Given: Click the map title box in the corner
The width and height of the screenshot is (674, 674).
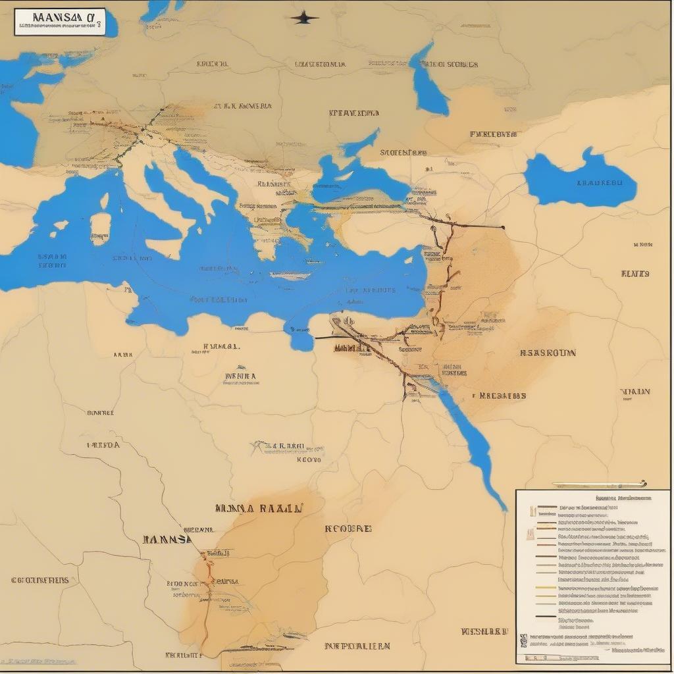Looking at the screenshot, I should tap(59, 21).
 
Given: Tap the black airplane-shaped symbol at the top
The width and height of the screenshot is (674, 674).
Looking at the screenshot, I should tap(305, 18).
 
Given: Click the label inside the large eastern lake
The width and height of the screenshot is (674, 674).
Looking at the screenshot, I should tap(598, 184).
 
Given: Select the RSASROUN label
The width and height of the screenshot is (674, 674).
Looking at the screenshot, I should tap(547, 353).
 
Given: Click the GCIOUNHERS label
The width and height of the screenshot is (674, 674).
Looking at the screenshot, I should tap(40, 581).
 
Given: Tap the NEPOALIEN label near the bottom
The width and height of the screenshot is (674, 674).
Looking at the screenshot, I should tap(358, 646).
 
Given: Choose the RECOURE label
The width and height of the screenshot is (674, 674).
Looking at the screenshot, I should tap(348, 528).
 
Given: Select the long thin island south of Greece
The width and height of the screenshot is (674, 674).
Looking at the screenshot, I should tap(290, 276).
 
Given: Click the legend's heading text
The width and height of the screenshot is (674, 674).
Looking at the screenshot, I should tap(618, 499).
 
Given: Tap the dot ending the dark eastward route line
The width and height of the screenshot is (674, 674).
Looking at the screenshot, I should tap(503, 227).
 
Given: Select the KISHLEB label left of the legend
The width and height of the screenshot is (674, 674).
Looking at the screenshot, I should tap(485, 631).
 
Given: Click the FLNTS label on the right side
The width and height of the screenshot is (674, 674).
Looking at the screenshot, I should tap(635, 273).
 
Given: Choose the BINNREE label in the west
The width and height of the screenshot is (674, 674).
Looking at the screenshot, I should tap(100, 413).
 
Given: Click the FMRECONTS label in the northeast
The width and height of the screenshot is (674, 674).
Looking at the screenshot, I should tap(493, 134).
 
